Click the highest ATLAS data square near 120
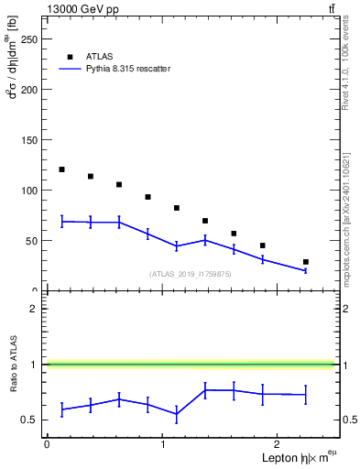click(61, 169)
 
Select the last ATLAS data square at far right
click(305, 262)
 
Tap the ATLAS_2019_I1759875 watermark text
click(191, 274)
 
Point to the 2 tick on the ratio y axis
click(38, 309)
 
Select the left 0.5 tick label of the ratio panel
click(33, 420)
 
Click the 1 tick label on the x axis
click(163, 444)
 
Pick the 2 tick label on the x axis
click(279, 444)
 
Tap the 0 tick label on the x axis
click(47, 444)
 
